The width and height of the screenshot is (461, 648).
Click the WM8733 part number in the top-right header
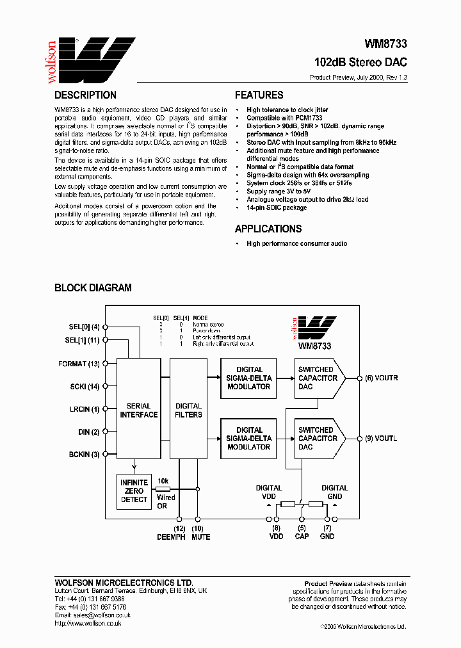[385, 45]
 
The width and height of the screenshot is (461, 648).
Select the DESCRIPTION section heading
[85, 95]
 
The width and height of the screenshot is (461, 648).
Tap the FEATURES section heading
[259, 95]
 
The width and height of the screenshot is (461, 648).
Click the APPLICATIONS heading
[268, 229]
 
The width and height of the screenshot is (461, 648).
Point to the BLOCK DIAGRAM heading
[93, 288]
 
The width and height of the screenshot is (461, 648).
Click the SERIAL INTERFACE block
[138, 410]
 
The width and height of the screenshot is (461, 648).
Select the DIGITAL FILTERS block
[188, 410]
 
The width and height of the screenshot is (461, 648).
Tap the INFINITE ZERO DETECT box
[134, 490]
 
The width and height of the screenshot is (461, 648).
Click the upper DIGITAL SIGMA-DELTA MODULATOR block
[249, 378]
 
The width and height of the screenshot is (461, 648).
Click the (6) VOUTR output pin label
[382, 378]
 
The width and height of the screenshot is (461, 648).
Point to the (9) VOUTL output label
[382, 439]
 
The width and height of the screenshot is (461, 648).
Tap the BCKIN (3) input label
[84, 455]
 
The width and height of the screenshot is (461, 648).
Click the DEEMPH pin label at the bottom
[172, 537]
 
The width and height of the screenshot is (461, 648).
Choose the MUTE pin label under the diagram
[200, 537]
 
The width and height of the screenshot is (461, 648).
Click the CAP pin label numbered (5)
[302, 537]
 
